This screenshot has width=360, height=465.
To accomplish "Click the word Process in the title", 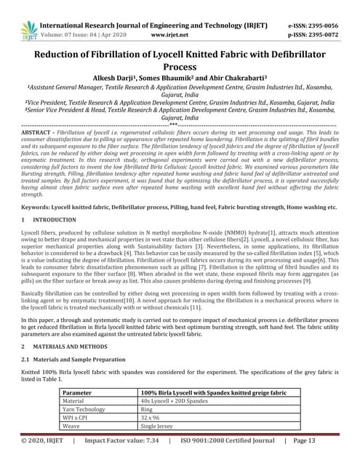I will click(180, 65).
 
